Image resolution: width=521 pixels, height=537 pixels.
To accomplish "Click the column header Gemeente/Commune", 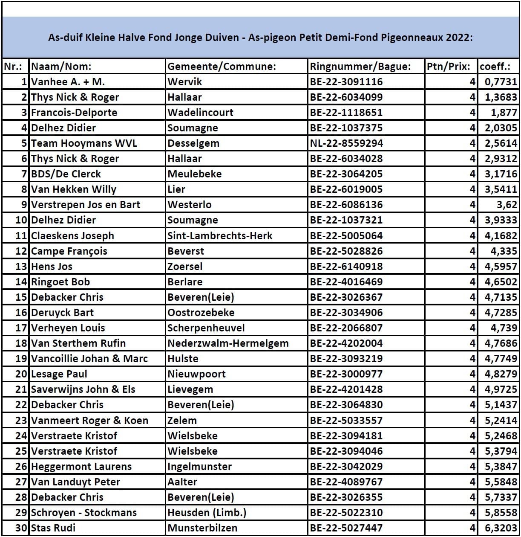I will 222,67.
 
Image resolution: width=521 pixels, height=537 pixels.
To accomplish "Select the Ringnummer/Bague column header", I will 360,67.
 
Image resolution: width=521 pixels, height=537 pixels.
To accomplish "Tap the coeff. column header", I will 495,67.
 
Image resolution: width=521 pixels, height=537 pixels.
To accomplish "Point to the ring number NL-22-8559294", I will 346,143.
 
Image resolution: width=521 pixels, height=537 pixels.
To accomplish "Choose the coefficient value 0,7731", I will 501,82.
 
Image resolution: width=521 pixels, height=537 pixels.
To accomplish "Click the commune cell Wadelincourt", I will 200,113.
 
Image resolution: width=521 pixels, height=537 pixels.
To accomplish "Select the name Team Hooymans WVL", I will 84,143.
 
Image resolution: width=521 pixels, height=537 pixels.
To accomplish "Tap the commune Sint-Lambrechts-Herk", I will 220,236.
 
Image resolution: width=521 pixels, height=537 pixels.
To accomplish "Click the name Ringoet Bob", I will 60,282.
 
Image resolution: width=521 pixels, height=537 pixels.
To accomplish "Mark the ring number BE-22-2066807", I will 346,328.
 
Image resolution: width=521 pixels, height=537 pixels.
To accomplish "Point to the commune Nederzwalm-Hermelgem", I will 228,343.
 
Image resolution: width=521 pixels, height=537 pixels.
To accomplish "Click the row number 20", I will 21,374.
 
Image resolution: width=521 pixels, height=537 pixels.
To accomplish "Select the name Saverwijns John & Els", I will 83,389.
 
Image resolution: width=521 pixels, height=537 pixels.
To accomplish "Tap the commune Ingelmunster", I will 199,467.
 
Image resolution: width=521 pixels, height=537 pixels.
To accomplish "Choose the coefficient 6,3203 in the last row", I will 501,528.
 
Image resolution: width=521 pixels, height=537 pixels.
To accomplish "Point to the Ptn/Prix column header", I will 448,67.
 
